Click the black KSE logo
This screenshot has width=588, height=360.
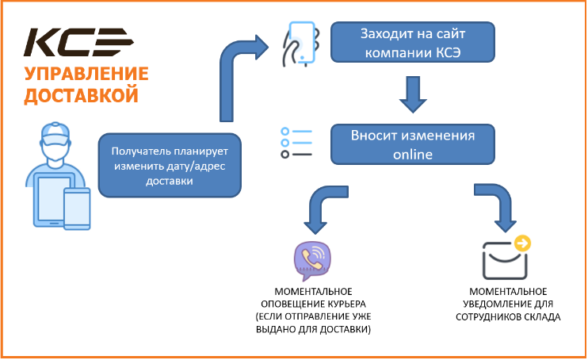(x=78, y=42)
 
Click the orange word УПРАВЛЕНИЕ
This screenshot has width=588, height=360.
(x=86, y=74)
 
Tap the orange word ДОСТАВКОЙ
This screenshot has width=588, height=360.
(x=82, y=95)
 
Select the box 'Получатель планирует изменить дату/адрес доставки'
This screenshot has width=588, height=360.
(x=170, y=166)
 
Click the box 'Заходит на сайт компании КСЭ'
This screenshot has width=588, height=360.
(x=413, y=42)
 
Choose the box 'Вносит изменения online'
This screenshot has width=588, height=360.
(x=413, y=144)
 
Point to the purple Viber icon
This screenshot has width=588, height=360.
(x=312, y=261)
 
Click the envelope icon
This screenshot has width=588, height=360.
(x=505, y=261)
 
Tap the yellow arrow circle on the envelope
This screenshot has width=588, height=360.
(x=522, y=243)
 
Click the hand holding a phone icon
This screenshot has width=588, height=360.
(x=301, y=44)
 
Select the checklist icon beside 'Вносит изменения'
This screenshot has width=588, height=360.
(x=296, y=143)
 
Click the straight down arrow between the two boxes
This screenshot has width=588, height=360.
(x=413, y=94)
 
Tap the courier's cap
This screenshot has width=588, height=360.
(x=55, y=133)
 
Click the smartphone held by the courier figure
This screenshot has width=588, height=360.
(x=77, y=209)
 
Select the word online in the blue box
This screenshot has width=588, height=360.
(x=413, y=155)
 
